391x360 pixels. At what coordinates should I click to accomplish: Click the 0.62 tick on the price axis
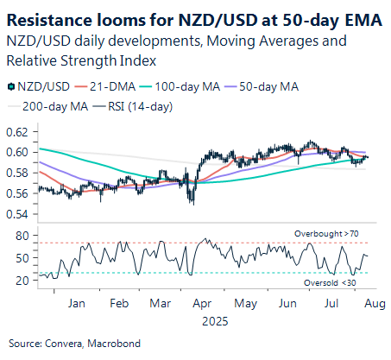[16, 132]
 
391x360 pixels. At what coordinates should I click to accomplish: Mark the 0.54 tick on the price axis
[16, 214]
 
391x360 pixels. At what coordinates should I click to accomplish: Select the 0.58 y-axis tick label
[16, 173]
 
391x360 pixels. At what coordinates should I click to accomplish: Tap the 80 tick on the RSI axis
[23, 235]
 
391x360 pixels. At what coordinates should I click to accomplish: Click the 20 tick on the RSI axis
[23, 281]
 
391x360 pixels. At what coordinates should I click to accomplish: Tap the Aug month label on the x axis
[369, 305]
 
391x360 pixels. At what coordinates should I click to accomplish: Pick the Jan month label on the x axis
[75, 305]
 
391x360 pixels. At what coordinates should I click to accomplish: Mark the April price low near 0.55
[193, 204]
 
